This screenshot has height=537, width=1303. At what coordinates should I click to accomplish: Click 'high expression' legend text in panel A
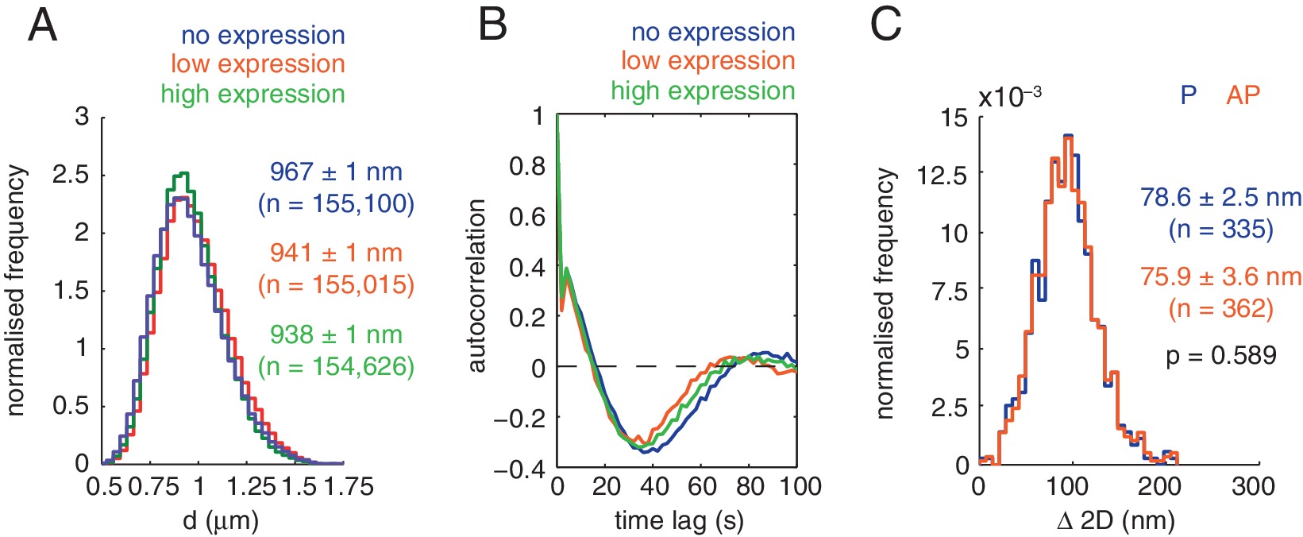click(x=253, y=94)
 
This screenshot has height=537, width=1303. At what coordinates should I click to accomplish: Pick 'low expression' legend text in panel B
click(x=707, y=61)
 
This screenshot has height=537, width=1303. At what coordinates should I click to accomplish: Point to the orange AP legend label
click(x=1243, y=95)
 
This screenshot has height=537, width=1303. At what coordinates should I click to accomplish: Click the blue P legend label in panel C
click(x=1188, y=95)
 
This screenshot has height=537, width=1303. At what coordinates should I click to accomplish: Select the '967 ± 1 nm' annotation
click(x=336, y=172)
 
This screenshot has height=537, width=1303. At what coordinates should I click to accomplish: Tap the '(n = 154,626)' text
click(x=336, y=366)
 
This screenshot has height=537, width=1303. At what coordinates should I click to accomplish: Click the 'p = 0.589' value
click(x=1220, y=355)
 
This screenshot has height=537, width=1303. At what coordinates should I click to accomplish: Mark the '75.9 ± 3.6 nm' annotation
click(x=1220, y=277)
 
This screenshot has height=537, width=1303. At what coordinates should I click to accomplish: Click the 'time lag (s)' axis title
click(x=679, y=521)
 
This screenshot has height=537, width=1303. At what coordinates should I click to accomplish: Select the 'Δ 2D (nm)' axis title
click(x=1116, y=521)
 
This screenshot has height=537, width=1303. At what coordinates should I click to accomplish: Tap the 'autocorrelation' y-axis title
click(x=476, y=286)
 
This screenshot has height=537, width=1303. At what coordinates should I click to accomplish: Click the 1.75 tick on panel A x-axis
click(x=342, y=486)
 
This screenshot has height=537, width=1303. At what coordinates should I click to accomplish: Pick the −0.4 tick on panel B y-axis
click(x=520, y=470)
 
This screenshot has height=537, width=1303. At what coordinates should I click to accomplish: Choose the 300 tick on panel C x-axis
click(x=1252, y=486)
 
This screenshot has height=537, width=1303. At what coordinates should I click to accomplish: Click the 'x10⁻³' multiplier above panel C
click(x=1009, y=97)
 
